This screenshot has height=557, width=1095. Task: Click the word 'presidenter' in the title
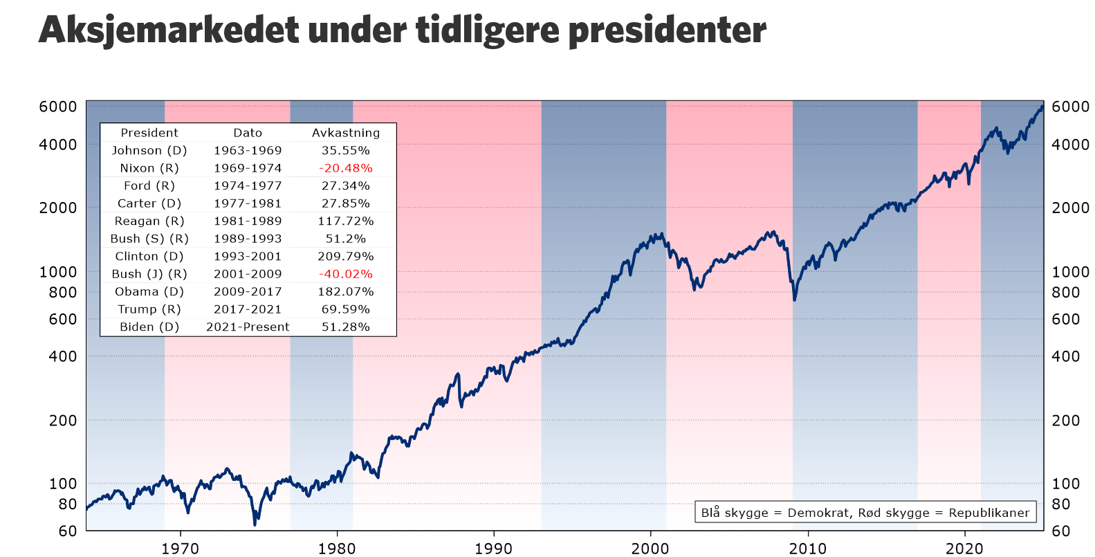tap(667, 30)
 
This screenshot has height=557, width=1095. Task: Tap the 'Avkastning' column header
tap(346, 133)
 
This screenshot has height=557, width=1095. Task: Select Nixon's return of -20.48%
tap(346, 168)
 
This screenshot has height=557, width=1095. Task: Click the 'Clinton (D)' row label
tap(149, 257)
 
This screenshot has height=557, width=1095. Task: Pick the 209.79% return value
tap(346, 257)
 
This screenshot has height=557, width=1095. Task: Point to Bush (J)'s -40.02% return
tap(346, 274)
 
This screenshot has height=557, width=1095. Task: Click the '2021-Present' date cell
tap(248, 327)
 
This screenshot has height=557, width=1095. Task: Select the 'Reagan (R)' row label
tap(149, 221)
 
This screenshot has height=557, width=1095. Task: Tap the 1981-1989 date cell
tap(248, 221)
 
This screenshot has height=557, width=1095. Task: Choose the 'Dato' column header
tap(248, 133)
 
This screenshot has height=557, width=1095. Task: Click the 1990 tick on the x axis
tap(494, 549)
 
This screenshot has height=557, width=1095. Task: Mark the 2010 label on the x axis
tap(808, 549)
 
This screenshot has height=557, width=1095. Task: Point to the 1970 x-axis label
tap(181, 549)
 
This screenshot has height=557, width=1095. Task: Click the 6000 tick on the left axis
tap(58, 107)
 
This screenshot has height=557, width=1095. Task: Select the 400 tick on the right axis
tap(1065, 356)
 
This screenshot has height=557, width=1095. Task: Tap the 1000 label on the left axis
tap(58, 272)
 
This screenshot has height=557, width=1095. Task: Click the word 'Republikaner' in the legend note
tap(989, 513)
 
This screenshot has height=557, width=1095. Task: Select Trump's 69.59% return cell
tap(346, 309)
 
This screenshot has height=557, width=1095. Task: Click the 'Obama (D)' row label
tap(149, 292)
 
